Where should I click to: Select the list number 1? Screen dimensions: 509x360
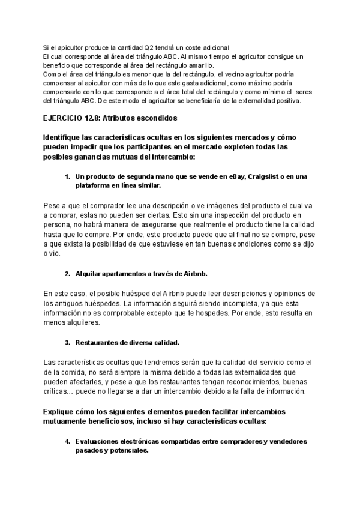coord(67,176)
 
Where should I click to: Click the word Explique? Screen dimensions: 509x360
coord(61,412)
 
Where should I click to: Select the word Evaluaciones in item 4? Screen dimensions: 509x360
coord(98,442)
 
